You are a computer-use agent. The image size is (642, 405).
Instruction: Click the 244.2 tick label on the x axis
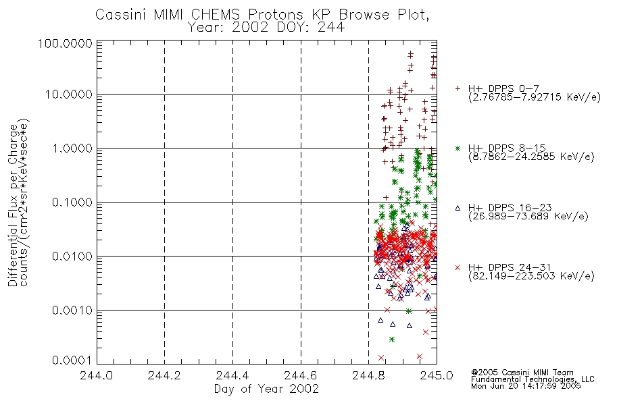click(x=164, y=375)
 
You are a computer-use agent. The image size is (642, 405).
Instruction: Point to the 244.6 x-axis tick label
click(x=301, y=375)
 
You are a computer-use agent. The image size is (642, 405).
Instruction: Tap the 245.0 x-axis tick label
click(x=437, y=375)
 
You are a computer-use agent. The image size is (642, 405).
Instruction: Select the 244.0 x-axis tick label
click(x=97, y=375)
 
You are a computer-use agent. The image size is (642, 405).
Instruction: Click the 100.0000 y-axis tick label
click(x=66, y=43)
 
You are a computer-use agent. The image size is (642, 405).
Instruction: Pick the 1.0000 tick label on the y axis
click(x=72, y=148)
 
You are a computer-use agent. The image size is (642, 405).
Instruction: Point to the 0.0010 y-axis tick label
click(x=72, y=310)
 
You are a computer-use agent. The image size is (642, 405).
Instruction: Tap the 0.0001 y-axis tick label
click(x=72, y=360)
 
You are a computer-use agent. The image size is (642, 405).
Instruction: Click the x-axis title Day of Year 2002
click(x=266, y=389)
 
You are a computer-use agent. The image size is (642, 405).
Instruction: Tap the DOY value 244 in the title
click(x=331, y=28)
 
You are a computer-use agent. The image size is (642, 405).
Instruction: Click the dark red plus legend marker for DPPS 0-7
click(x=458, y=88)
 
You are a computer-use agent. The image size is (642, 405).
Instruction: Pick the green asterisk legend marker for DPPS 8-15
click(x=458, y=148)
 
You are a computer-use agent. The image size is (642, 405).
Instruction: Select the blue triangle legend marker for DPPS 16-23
click(x=458, y=208)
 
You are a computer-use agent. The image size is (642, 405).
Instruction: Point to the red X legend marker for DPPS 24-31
click(x=458, y=267)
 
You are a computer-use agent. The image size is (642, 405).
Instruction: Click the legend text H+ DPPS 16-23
click(x=510, y=207)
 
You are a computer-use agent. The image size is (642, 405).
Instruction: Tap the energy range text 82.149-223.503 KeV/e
click(x=531, y=277)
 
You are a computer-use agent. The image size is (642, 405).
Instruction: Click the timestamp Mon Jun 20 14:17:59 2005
click(x=526, y=386)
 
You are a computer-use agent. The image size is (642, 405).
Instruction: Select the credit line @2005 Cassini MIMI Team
click(x=522, y=373)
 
